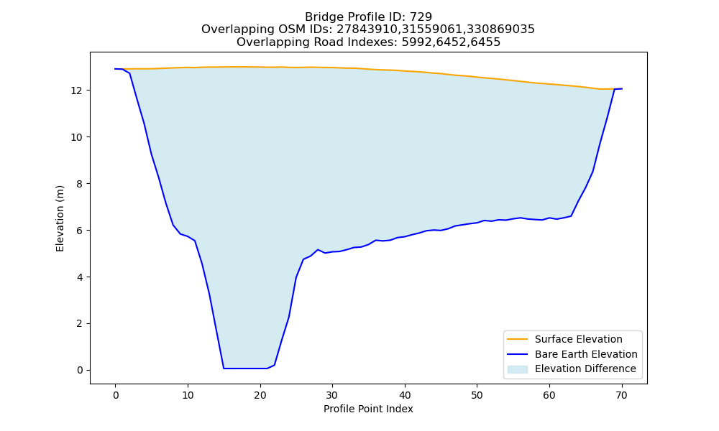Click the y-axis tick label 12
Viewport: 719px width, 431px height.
(x=77, y=91)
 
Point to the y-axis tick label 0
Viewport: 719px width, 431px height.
(x=81, y=370)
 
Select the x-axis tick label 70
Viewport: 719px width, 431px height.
(x=622, y=395)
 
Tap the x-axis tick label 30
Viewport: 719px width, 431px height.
(x=332, y=395)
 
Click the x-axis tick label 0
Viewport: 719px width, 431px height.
(x=116, y=395)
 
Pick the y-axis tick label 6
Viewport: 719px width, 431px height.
(x=81, y=231)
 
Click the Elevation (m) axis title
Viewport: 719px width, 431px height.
(x=60, y=218)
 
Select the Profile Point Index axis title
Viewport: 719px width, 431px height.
(x=368, y=409)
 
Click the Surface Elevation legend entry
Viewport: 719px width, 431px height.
(x=578, y=339)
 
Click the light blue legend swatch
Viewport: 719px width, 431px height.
(x=517, y=369)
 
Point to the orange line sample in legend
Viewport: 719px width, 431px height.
(x=517, y=339)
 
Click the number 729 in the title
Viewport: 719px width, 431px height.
(x=421, y=17)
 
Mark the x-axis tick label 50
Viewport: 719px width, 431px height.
(x=477, y=395)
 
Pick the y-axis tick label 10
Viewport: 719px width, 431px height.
(x=77, y=137)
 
